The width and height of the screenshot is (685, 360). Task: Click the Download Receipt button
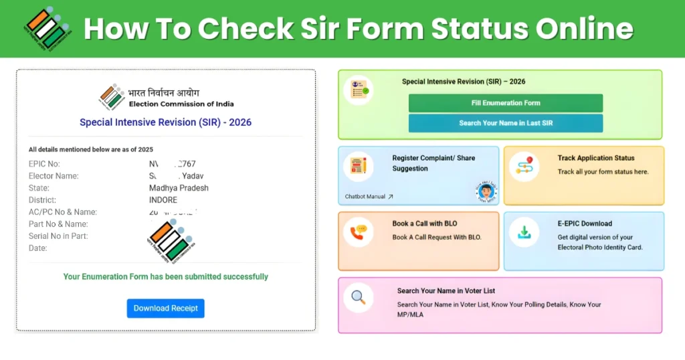(x=165, y=308)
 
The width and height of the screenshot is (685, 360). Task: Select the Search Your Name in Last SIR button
(x=505, y=123)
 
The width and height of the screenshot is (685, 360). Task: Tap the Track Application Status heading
(x=596, y=158)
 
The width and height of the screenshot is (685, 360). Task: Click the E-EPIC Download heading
(x=585, y=223)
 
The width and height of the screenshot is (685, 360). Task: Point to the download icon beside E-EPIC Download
(x=524, y=232)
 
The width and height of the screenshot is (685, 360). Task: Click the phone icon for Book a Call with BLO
(x=359, y=232)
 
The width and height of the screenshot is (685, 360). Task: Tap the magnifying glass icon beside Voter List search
(x=359, y=296)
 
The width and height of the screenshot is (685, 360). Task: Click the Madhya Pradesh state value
(x=179, y=188)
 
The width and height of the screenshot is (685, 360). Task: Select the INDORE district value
(x=163, y=200)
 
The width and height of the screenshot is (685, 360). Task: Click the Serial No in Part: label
(x=58, y=236)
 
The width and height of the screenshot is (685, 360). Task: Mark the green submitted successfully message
(x=165, y=276)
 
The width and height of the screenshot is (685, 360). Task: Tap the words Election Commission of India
(x=181, y=104)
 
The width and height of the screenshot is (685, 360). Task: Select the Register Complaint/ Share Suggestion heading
(x=433, y=163)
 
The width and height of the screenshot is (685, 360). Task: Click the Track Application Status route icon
(x=524, y=167)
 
